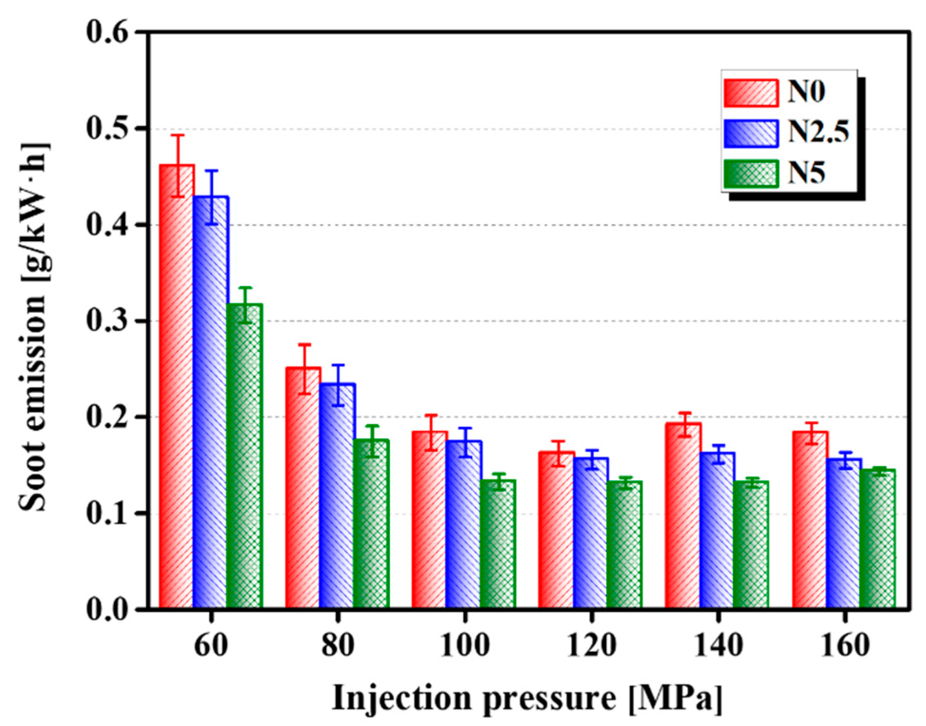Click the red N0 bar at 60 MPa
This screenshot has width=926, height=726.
(177, 386)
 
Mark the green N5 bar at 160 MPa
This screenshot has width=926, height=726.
(877, 538)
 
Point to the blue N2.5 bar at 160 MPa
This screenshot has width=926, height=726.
(844, 533)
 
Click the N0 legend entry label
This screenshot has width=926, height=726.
(806, 91)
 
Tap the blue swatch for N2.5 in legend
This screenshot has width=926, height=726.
(751, 133)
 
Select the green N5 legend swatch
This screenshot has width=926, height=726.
(751, 174)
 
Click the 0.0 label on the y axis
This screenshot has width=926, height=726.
(108, 609)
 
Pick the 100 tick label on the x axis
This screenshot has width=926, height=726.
(464, 646)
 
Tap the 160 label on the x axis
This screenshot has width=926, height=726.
(845, 646)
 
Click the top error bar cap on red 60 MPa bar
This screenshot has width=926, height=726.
(178, 135)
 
